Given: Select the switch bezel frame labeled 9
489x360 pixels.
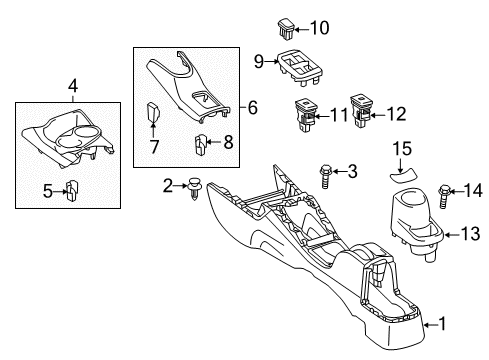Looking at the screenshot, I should click(x=297, y=68).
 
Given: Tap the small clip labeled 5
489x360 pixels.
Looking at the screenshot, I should click(x=73, y=188).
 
